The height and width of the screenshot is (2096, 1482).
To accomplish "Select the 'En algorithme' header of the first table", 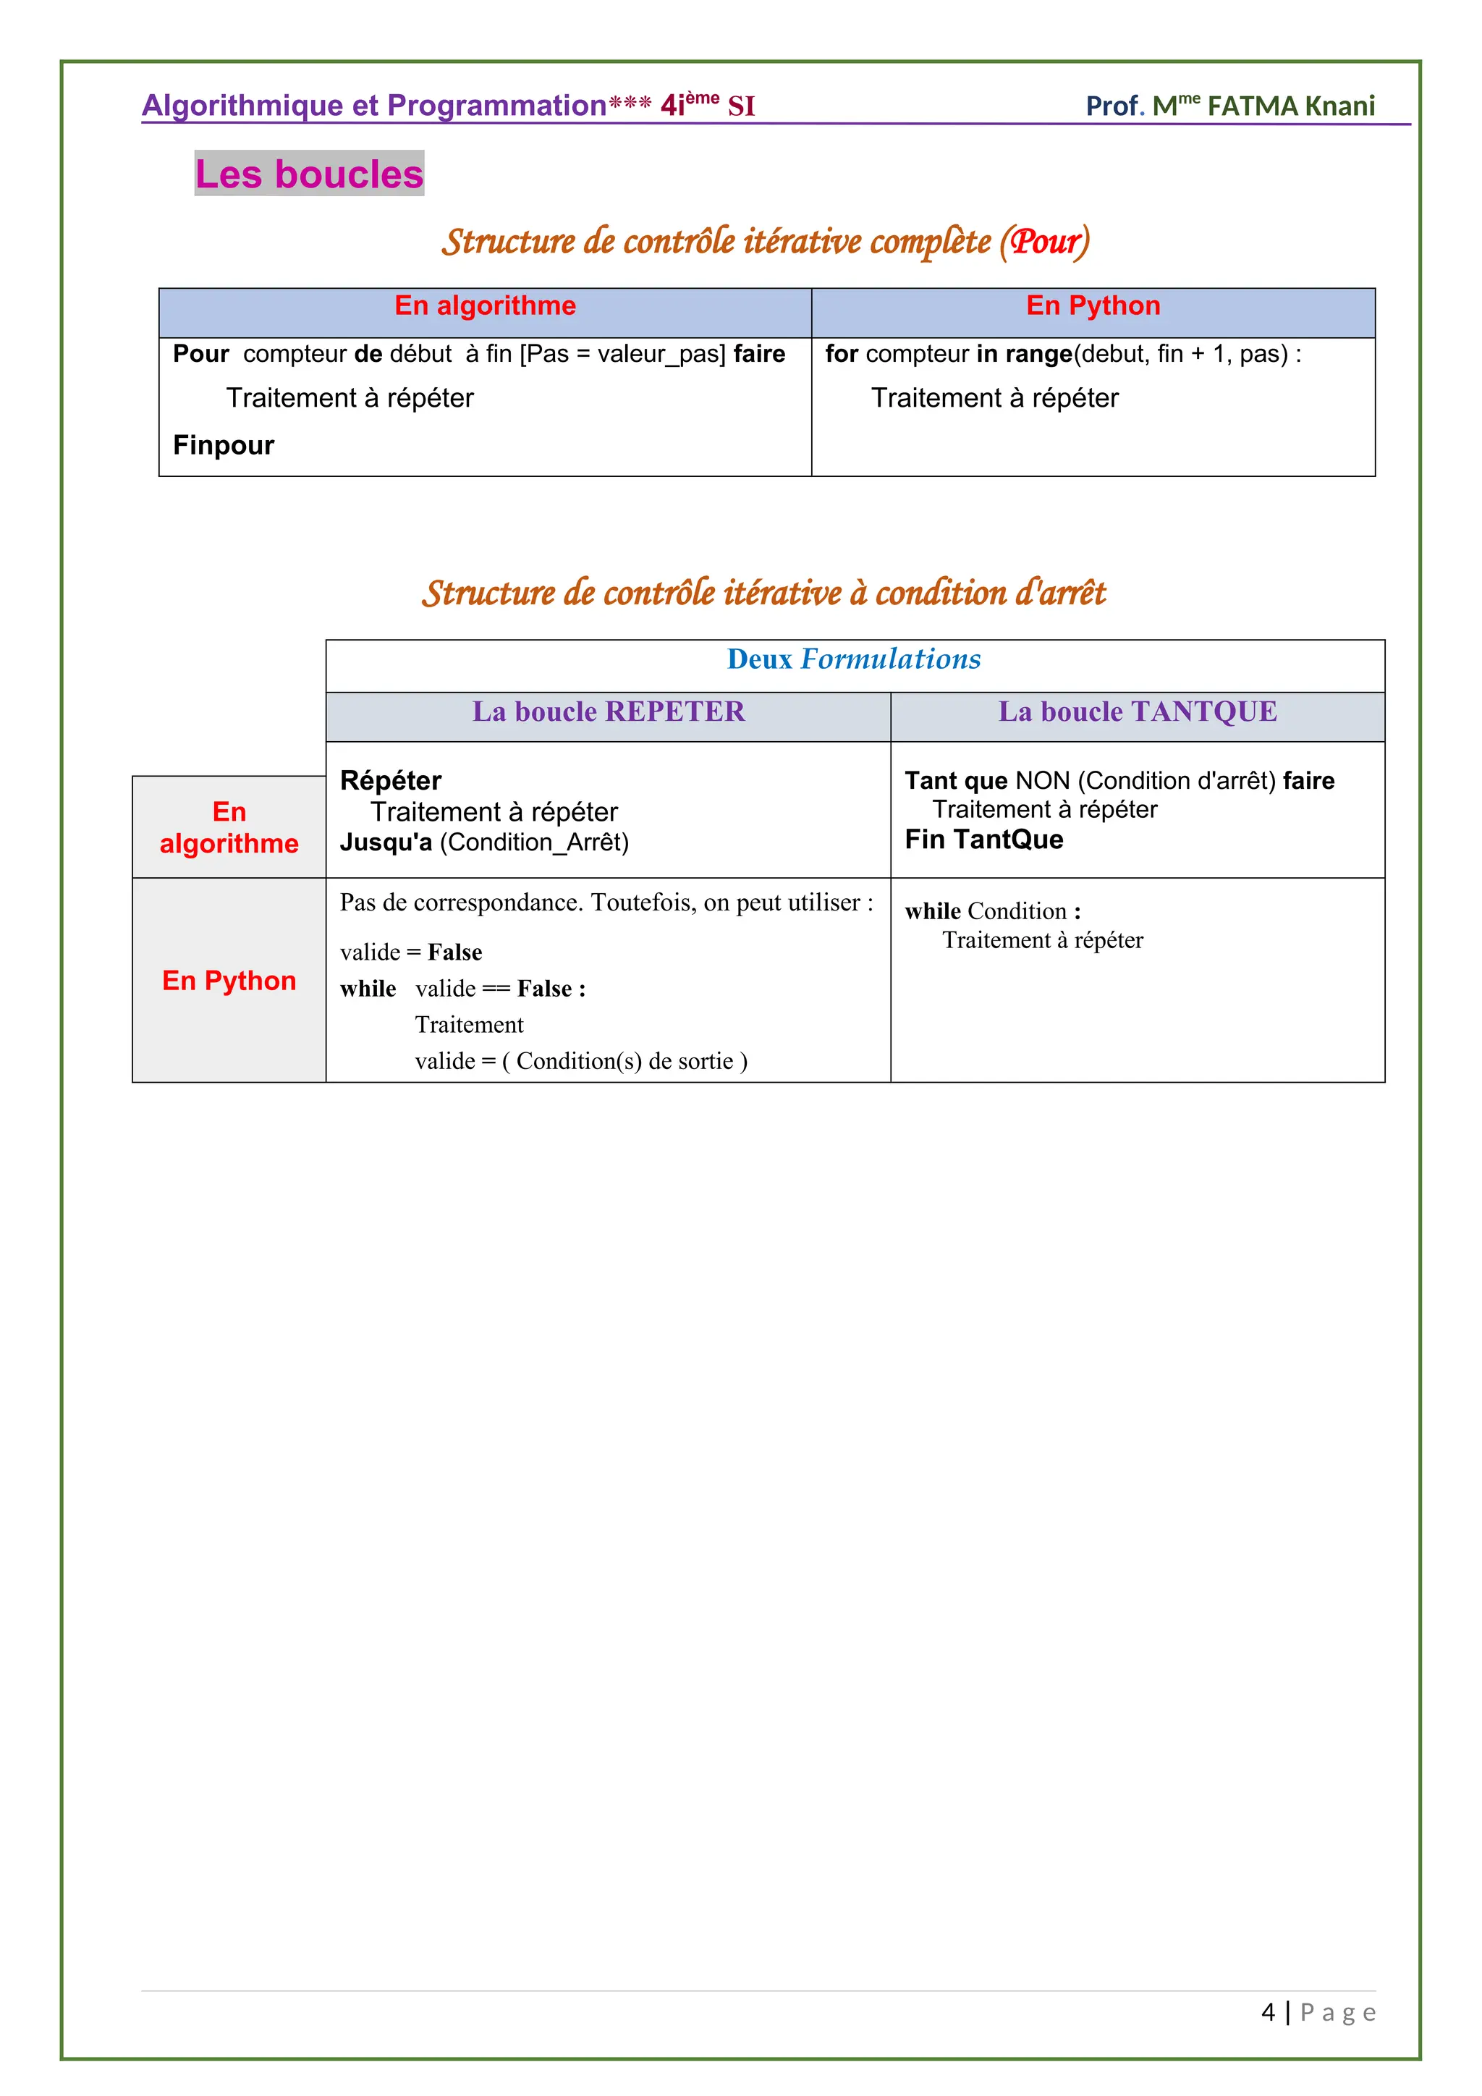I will point(485,306).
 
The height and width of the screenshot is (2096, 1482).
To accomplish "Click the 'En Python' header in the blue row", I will point(1093,306).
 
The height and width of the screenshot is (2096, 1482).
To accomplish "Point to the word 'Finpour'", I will point(224,446).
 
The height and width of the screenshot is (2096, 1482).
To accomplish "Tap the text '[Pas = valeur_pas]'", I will point(622,354).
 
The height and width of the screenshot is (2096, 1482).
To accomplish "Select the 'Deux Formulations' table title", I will point(853,659).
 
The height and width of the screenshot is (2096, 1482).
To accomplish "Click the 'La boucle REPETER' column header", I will point(609,712).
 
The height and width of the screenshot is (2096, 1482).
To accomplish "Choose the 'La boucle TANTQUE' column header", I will point(1137,712).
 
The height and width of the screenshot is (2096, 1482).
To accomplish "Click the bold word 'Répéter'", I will point(391,780).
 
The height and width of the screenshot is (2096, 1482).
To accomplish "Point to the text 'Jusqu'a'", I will point(385,842).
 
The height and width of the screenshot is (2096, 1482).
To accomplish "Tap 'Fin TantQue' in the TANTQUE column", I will point(983,840).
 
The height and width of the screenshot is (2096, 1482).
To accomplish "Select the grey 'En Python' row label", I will point(229,981).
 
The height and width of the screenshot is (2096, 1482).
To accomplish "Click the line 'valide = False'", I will point(410,952).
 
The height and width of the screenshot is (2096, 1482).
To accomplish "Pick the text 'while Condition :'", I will point(993,911).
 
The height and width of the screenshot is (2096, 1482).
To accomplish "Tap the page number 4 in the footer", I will point(1268,2012).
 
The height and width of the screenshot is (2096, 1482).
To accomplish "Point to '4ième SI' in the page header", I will point(707,106).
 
